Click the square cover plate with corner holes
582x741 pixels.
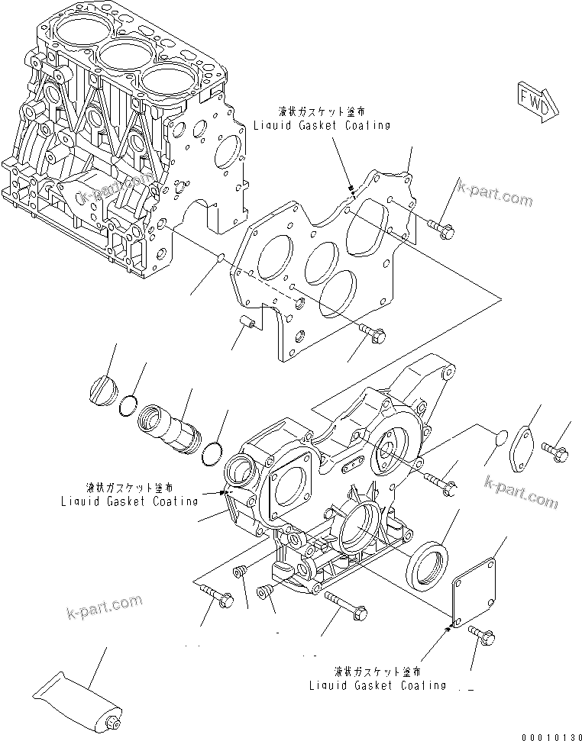pyautogui.click(x=478, y=591)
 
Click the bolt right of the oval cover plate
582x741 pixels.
pyautogui.click(x=555, y=451)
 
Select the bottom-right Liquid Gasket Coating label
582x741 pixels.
pyautogui.click(x=377, y=685)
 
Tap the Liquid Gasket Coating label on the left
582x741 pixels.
pyautogui.click(x=129, y=501)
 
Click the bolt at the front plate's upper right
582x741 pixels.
pyautogui.click(x=441, y=226)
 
